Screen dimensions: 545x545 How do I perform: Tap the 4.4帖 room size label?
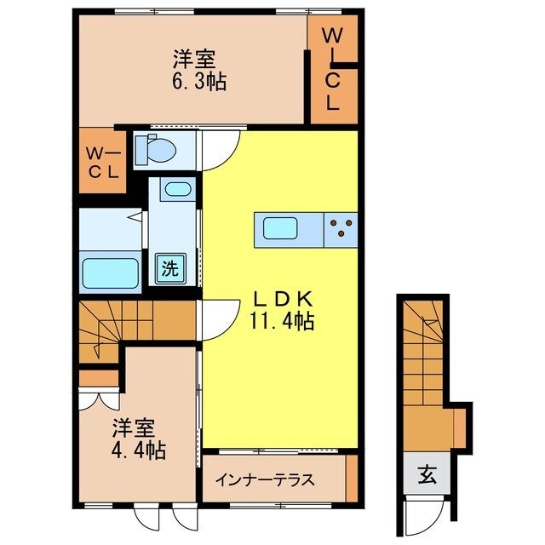tap(135, 449)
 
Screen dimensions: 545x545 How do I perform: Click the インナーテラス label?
tap(264, 479)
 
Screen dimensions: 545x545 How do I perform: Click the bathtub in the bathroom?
tap(110, 274)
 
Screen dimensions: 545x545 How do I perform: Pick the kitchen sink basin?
tap(280, 228)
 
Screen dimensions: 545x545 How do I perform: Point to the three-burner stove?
tap(341, 228)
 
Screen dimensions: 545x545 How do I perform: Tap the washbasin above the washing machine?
tap(177, 189)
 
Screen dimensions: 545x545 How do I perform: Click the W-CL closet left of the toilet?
tap(104, 162)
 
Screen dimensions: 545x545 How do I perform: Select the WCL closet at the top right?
tap(332, 70)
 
